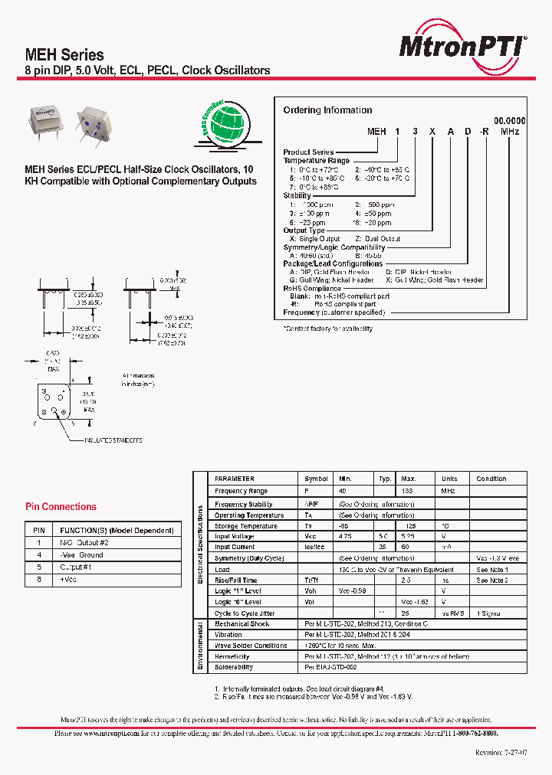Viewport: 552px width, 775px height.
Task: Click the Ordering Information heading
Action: pos(327,110)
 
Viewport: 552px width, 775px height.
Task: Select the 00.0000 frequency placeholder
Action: pos(509,121)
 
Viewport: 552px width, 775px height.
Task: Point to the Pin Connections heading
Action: pos(61,507)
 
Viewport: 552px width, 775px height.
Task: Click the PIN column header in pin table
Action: pos(38,530)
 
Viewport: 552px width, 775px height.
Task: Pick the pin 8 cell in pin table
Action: pos(38,580)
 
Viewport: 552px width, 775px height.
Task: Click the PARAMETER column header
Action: pos(234,479)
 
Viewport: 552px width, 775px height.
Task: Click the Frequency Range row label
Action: pos(241,491)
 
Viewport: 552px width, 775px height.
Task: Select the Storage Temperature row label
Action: pos(245,526)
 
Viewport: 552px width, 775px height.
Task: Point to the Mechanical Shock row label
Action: pos(242,624)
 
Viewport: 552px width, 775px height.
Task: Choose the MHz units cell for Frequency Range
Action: pos(448,491)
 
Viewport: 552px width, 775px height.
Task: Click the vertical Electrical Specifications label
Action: pos(200,544)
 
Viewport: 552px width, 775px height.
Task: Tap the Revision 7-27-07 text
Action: pos(501,754)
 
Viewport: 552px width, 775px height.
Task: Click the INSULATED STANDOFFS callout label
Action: pos(113,440)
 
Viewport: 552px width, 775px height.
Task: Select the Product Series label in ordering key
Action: pos(308,152)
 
